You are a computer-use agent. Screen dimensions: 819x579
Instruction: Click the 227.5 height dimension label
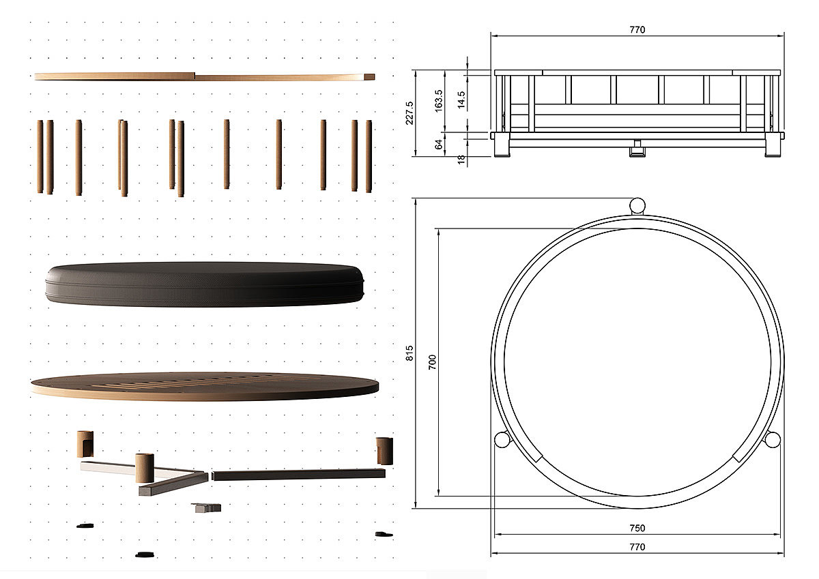[x=409, y=113]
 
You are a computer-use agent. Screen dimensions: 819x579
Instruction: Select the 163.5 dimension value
[x=439, y=101]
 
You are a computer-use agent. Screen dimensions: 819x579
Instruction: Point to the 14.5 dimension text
[x=461, y=100]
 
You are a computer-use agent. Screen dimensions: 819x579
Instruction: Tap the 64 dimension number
[x=439, y=144]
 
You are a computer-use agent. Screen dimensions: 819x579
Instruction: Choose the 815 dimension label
[x=409, y=353]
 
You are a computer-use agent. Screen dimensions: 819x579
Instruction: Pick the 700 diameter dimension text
[x=432, y=362]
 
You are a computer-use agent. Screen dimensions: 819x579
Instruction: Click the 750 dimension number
[x=637, y=528]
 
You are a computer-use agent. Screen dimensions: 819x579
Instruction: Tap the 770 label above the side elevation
[x=637, y=29]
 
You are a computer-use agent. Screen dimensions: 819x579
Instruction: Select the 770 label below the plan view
[x=637, y=547]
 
